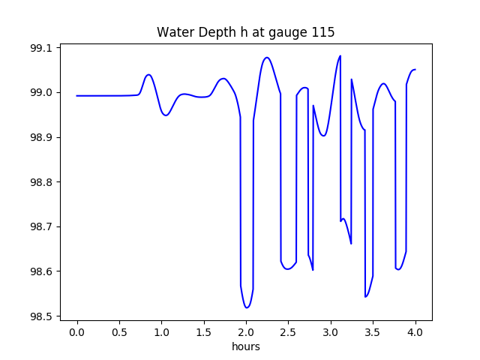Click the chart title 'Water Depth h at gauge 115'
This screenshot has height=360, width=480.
(245, 32)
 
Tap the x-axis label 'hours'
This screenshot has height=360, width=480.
(245, 347)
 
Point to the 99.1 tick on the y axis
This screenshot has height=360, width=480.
(41, 48)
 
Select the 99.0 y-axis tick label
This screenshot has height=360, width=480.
(41, 93)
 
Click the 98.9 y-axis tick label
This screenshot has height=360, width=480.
(41, 137)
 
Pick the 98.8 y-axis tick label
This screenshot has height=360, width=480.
(41, 182)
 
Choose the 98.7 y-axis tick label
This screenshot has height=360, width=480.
(41, 226)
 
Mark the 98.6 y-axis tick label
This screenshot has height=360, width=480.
(41, 271)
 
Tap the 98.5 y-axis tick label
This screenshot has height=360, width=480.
(41, 316)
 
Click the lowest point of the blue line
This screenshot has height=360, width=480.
(246, 307)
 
